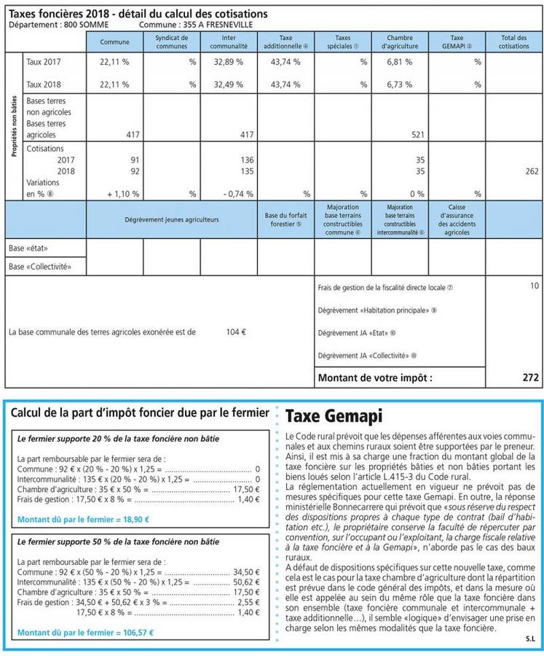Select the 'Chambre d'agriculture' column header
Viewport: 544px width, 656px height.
pyautogui.click(x=400, y=42)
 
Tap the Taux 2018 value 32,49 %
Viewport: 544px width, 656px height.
pyautogui.click(x=228, y=85)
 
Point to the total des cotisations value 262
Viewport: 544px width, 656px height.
pyautogui.click(x=531, y=171)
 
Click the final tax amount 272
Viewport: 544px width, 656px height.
pyautogui.click(x=531, y=378)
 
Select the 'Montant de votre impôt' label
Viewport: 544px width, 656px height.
pyautogui.click(x=375, y=378)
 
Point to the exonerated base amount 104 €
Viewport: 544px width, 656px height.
pyautogui.click(x=236, y=332)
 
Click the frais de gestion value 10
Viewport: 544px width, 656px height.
pyautogui.click(x=535, y=286)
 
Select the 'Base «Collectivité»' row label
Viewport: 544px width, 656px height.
pyautogui.click(x=39, y=267)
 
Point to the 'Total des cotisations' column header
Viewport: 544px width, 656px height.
pyautogui.click(x=514, y=42)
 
